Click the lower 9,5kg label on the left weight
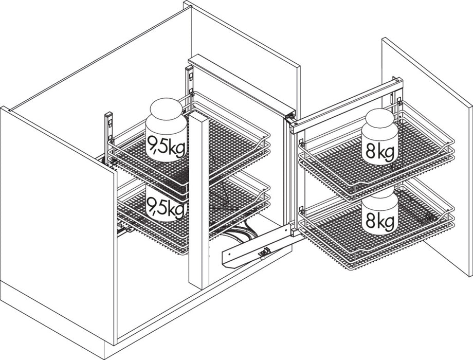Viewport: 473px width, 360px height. coord(166,208)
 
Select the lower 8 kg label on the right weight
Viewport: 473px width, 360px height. coord(380,222)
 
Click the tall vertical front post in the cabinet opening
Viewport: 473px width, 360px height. coord(198,201)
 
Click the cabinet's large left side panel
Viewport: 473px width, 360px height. coord(57,221)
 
